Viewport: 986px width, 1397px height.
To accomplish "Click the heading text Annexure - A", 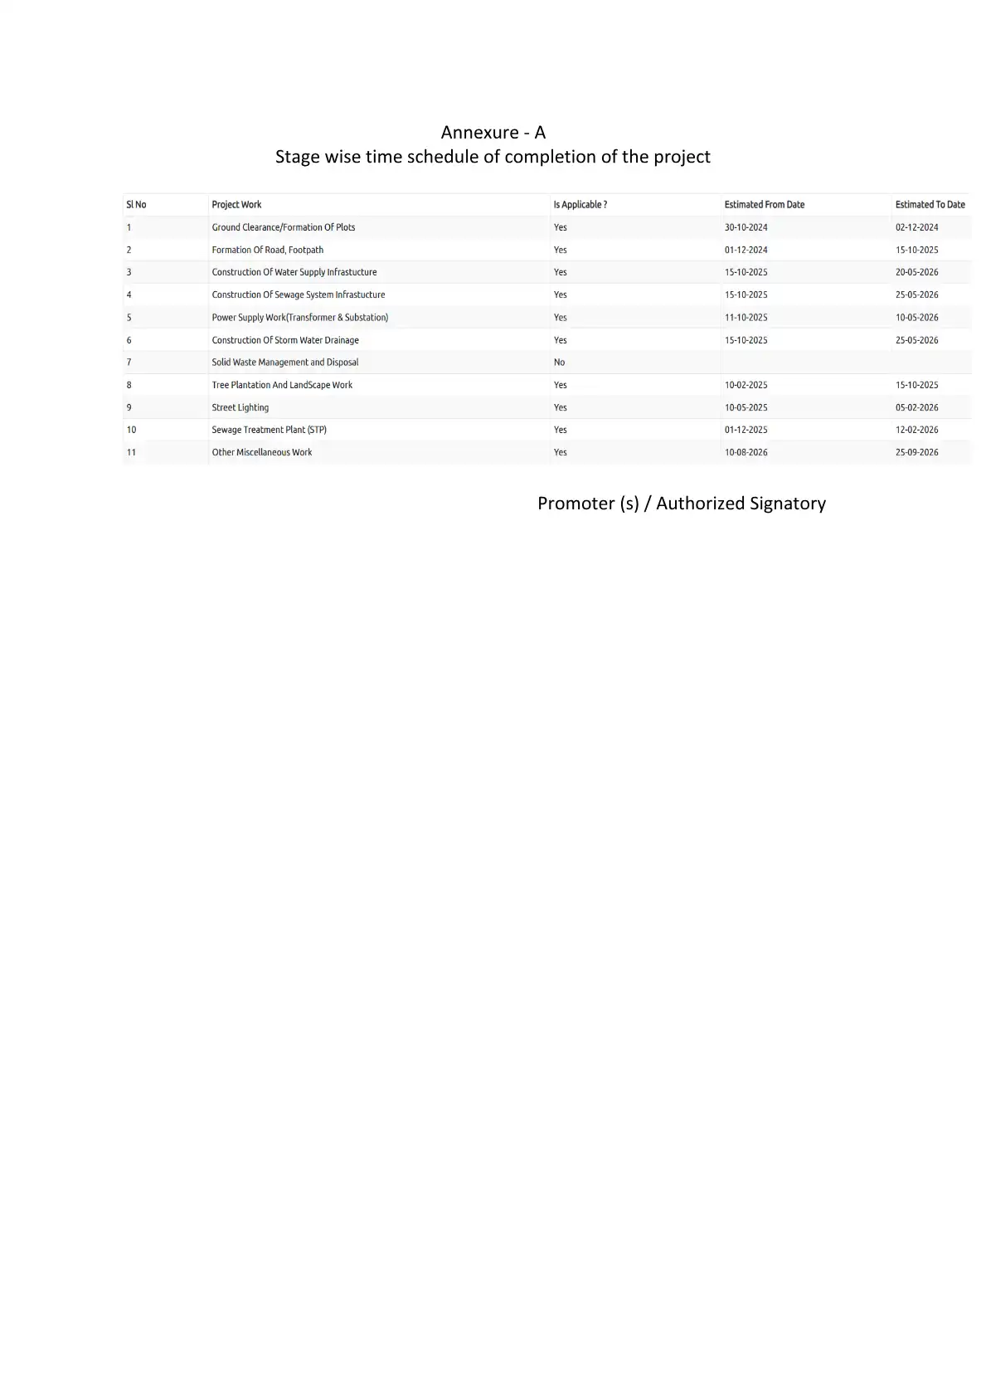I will pyautogui.click(x=493, y=133).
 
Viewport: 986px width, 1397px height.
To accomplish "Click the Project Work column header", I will pyautogui.click(x=236, y=205).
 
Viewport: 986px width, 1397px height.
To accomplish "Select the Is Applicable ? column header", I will pyautogui.click(x=580, y=205).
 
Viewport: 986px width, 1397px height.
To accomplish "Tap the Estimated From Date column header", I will pyautogui.click(x=764, y=205).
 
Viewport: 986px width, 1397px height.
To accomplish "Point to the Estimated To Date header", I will pyautogui.click(x=930, y=205).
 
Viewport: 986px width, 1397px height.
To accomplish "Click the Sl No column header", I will pyautogui.click(x=136, y=205).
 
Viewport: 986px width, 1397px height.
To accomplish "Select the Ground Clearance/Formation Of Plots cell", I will pyautogui.click(x=284, y=227).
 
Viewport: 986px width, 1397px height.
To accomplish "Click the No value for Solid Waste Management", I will pyautogui.click(x=559, y=363).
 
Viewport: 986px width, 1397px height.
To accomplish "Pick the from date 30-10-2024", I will pyautogui.click(x=746, y=227).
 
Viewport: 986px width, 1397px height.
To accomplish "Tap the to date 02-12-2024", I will pyautogui.click(x=916, y=227).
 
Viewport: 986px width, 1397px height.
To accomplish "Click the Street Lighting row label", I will pyautogui.click(x=240, y=407).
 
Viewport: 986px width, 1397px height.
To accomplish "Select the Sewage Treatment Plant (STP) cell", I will pyautogui.click(x=269, y=430).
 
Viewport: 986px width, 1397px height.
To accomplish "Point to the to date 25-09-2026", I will pyautogui.click(x=916, y=452).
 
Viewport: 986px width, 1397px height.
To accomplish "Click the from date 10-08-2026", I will pyautogui.click(x=746, y=452).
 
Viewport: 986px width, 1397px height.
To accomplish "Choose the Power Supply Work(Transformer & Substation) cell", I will pyautogui.click(x=299, y=318).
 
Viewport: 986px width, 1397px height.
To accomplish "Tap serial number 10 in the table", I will pyautogui.click(x=131, y=430).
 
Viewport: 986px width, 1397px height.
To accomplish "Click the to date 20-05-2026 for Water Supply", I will pyautogui.click(x=916, y=272).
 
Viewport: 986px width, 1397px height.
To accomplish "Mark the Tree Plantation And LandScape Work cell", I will pyautogui.click(x=282, y=385).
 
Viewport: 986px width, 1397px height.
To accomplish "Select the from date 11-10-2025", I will pyautogui.click(x=746, y=318).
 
